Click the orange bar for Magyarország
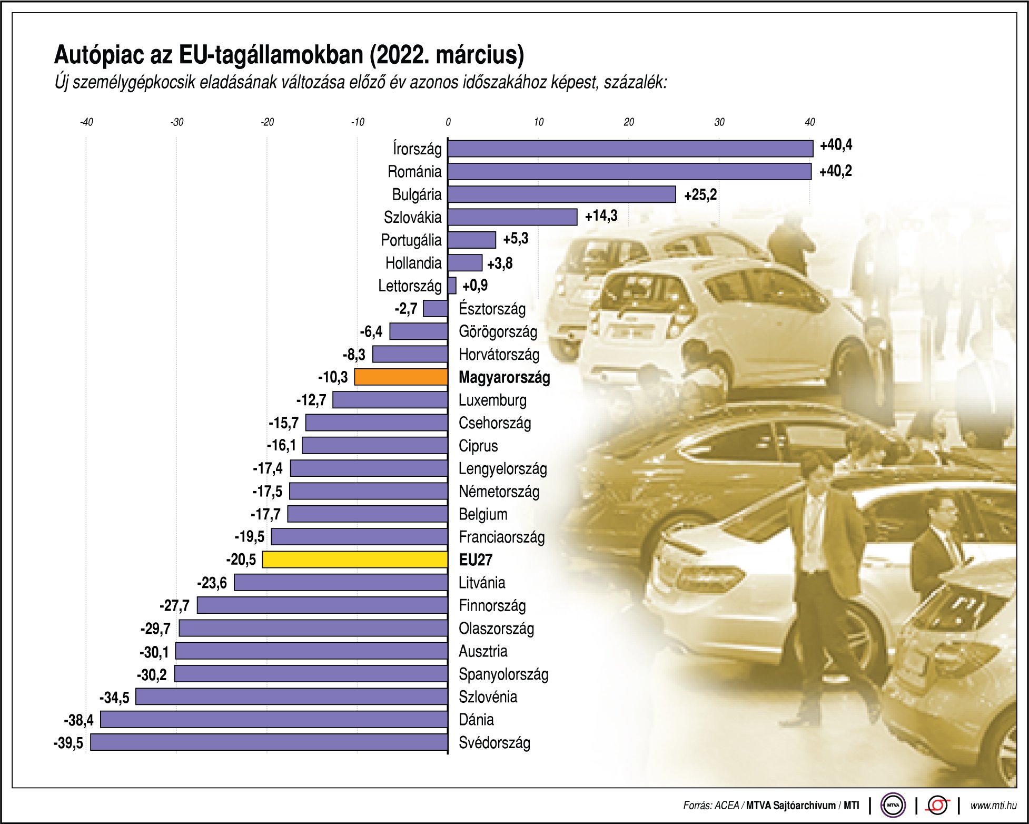pyautogui.click(x=401, y=377)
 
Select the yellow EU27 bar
pyautogui.click(x=355, y=560)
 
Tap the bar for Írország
pyautogui.click(x=630, y=149)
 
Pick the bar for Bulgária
pyautogui.click(x=561, y=194)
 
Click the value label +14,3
pyautogui.click(x=601, y=216)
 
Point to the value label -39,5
pyautogui.click(x=68, y=743)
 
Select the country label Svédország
pyautogui.click(x=494, y=743)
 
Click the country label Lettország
pyautogui.click(x=410, y=286)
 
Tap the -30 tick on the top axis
pyautogui.click(x=177, y=122)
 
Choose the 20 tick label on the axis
pyautogui.click(x=629, y=122)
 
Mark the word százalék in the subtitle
pyautogui.click(x=635, y=83)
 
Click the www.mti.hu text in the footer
pyautogui.click(x=993, y=806)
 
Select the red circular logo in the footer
pyautogui.click(x=938, y=805)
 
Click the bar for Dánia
pyautogui.click(x=274, y=720)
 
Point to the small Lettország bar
pyautogui.click(x=452, y=286)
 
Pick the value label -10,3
pyautogui.click(x=333, y=377)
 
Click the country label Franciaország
pyautogui.click(x=501, y=537)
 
